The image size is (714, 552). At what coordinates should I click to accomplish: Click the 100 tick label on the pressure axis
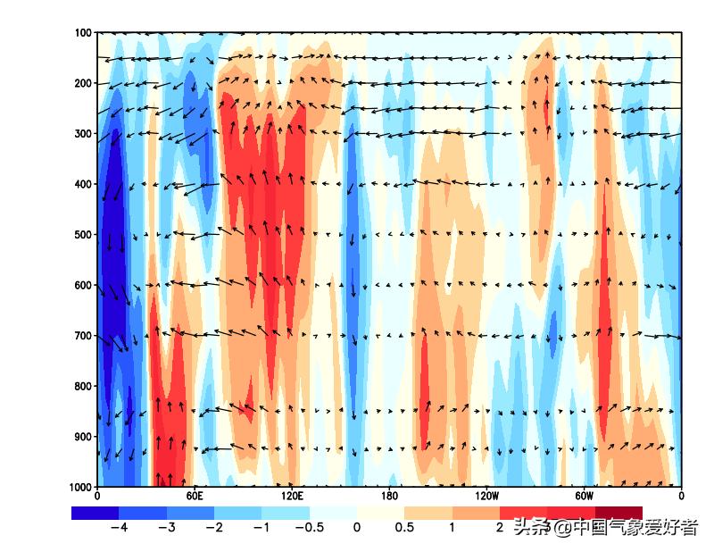tap(84, 33)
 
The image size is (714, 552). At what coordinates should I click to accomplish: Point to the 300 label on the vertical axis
tap(84, 134)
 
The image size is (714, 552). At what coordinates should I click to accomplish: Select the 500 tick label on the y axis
tap(84, 235)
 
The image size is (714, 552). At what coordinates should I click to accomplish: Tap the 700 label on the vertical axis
tap(84, 336)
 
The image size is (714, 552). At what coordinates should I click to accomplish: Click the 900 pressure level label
tap(84, 437)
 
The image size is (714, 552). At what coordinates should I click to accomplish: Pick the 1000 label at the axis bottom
tap(81, 487)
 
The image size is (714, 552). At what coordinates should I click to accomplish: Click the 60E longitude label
tap(195, 495)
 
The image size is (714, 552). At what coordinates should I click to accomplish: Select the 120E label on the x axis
tap(292, 495)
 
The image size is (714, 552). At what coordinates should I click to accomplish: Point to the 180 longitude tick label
tap(389, 495)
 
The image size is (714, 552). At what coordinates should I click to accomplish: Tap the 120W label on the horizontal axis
tap(486, 495)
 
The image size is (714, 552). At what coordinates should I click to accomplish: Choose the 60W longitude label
tap(584, 495)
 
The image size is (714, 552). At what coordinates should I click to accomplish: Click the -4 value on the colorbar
tap(118, 527)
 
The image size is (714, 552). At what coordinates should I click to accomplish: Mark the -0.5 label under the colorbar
tap(308, 527)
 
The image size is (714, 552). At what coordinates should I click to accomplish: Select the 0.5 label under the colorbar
tap(404, 527)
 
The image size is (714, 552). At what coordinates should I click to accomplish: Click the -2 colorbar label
tap(213, 527)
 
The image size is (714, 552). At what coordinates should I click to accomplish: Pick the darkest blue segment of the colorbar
tap(95, 513)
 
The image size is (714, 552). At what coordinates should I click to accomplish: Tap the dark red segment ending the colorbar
tap(619, 513)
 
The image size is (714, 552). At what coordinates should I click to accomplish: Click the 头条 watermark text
tap(531, 528)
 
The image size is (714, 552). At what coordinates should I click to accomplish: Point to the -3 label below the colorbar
tap(166, 527)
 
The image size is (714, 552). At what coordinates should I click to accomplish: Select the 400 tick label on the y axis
tap(84, 184)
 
